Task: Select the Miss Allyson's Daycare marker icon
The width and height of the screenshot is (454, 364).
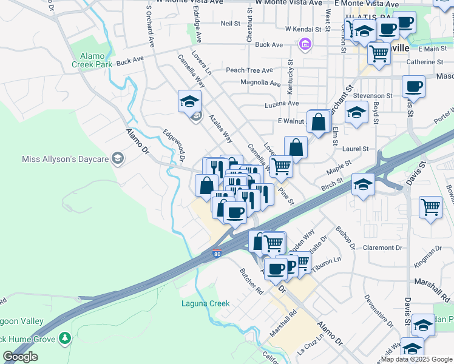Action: tap(117, 159)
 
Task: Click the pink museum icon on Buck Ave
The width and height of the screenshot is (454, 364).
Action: tap(304, 44)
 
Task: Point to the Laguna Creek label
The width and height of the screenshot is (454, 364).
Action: tap(205, 303)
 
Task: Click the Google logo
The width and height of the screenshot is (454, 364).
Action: tap(20, 357)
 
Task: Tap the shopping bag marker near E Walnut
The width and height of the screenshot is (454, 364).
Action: tap(319, 122)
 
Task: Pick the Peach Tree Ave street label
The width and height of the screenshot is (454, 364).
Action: tap(249, 70)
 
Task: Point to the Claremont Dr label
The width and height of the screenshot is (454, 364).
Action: tap(382, 248)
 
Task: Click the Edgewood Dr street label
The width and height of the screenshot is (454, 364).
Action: tap(173, 144)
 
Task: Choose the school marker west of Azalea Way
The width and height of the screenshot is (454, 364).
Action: tap(189, 101)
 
